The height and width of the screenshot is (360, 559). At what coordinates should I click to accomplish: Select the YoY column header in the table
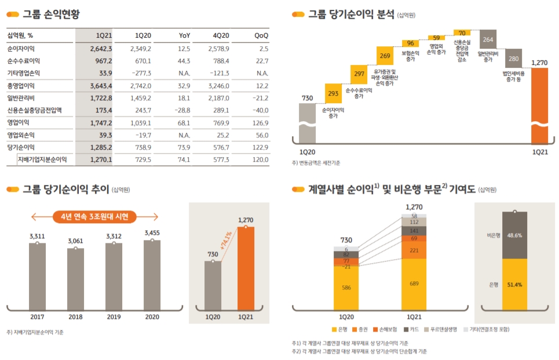[x=184, y=35]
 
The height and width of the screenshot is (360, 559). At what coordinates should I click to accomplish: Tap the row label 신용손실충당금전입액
[x=34, y=110]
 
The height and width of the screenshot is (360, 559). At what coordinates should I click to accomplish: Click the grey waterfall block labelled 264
[x=488, y=40]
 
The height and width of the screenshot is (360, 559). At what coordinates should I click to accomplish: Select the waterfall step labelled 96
[x=410, y=43]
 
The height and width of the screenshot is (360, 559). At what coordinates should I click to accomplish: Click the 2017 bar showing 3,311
[x=37, y=276]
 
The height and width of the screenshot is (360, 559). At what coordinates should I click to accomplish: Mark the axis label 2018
[x=75, y=317]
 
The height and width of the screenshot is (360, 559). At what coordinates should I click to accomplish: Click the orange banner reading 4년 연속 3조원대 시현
[x=94, y=217]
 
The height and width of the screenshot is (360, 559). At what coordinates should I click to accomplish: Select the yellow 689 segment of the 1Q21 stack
[x=414, y=283]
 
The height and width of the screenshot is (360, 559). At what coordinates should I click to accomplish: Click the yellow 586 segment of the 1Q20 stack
[x=346, y=288]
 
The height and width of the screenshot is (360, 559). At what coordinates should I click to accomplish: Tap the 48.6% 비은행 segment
[x=514, y=235]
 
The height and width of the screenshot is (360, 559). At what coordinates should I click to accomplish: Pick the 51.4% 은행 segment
[x=514, y=285]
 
